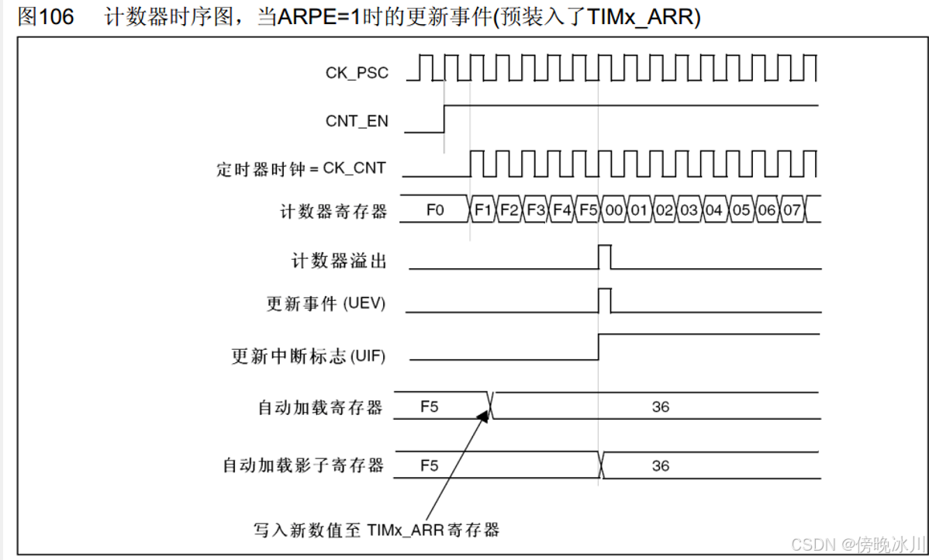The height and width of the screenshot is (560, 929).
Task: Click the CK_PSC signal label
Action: [357, 74]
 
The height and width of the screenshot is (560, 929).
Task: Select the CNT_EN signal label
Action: [357, 122]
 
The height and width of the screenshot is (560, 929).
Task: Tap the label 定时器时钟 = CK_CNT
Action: [301, 168]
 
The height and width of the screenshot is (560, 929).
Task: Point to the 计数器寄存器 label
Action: [333, 211]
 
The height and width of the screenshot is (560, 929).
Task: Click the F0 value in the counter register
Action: [435, 210]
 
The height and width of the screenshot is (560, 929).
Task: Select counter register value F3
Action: [535, 210]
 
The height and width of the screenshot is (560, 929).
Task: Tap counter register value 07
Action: [792, 210]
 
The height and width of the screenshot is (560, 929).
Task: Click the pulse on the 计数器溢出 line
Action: [605, 257]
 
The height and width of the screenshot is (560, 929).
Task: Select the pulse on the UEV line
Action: [605, 300]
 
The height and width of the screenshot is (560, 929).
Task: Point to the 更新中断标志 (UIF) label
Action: [309, 357]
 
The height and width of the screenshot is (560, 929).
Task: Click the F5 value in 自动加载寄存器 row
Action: [429, 406]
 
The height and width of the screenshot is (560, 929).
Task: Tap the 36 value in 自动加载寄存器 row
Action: [661, 406]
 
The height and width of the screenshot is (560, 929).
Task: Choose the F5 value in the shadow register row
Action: [429, 465]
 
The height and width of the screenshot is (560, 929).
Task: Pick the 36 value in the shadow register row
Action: [661, 465]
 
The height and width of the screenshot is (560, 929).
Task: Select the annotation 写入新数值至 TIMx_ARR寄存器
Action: [376, 531]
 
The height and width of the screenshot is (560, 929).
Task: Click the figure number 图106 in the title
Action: [46, 17]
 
